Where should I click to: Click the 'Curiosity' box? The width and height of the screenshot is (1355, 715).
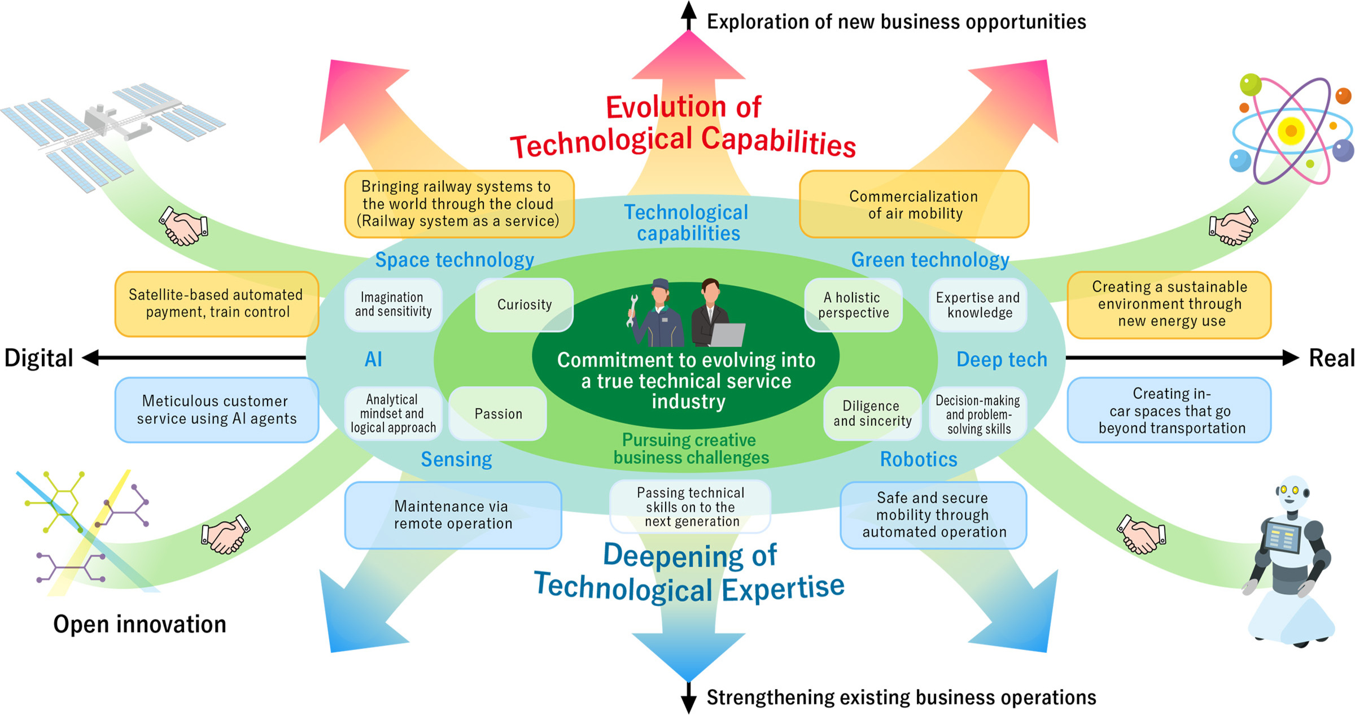(524, 304)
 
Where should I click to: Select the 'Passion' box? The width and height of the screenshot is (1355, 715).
(498, 413)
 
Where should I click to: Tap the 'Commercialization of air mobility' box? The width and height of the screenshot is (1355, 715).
(914, 204)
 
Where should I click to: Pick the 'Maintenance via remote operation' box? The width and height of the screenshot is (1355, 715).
(453, 515)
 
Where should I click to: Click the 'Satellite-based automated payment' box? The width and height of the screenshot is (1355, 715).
(217, 304)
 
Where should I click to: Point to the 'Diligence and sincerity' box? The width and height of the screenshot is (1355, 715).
(872, 413)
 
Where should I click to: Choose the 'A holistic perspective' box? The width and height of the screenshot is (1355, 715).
(853, 305)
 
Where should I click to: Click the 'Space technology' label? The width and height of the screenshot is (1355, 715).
(454, 260)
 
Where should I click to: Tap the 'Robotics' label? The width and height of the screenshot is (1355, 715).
(919, 459)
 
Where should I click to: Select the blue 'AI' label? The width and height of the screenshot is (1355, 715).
(373, 359)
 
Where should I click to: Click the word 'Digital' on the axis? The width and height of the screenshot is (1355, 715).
(39, 358)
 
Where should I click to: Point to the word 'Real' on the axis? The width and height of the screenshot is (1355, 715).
(1331, 358)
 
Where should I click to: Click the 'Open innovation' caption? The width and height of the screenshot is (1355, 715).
(139, 624)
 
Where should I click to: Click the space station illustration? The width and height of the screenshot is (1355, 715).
(113, 130)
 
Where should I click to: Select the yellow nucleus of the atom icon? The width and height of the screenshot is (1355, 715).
(1291, 131)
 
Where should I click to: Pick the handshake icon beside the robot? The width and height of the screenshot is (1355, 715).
(1140, 534)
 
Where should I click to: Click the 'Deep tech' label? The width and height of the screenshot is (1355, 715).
(1002, 359)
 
